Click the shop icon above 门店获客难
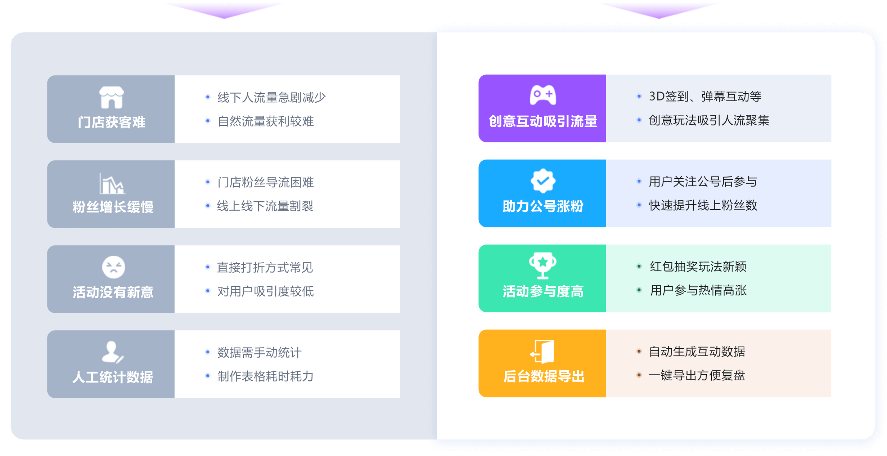[112, 98]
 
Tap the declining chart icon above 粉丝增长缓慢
[112, 184]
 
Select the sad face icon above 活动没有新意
[113, 267]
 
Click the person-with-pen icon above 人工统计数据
[112, 352]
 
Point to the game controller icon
[542, 95]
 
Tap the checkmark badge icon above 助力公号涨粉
[543, 181]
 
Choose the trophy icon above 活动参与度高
[542, 265]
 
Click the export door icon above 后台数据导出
[542, 351]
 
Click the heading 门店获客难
[112, 122]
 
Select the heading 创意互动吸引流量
[543, 121]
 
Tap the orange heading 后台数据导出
[543, 376]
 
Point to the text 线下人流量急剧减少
[271, 97]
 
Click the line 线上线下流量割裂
[265, 206]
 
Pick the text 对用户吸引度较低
[265, 291]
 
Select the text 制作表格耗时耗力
[265, 376]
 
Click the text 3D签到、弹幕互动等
[705, 97]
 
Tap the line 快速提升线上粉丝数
[703, 205]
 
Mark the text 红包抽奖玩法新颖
[698, 267]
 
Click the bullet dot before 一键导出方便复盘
[639, 375]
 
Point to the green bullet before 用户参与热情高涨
[639, 290]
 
